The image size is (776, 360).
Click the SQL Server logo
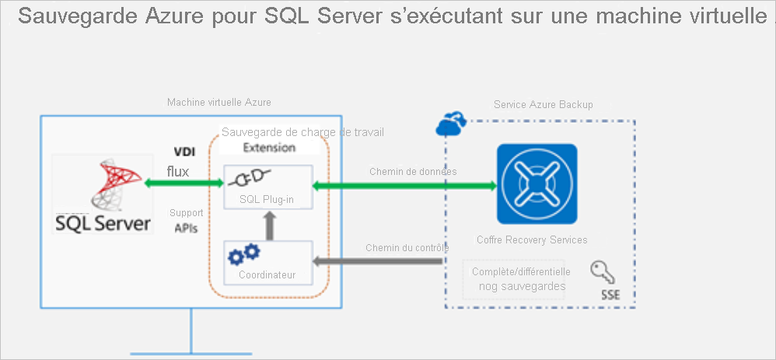[101, 194]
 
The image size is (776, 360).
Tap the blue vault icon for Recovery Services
[537, 183]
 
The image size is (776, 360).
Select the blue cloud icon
[452, 123]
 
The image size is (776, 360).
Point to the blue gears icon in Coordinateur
[243, 254]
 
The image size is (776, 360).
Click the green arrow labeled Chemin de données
[404, 186]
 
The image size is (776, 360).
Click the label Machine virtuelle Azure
[219, 103]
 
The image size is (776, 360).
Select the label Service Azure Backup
[543, 104]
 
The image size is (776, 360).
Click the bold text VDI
[184, 152]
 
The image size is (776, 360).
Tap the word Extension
[269, 147]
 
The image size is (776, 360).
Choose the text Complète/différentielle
[521, 271]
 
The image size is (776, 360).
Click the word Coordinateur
[267, 274]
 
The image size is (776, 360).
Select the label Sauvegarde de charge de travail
[302, 132]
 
